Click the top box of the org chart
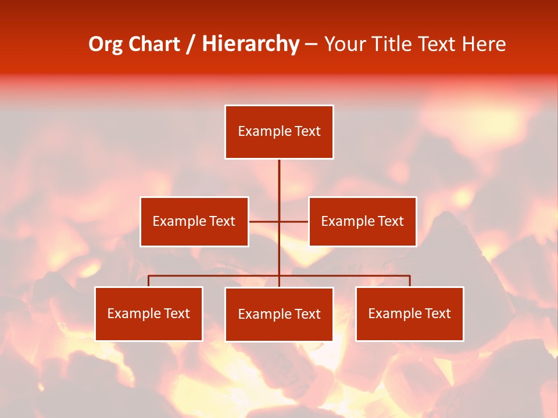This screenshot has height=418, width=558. (279, 132)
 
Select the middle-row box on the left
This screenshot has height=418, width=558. (194, 221)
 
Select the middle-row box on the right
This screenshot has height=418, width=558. (362, 221)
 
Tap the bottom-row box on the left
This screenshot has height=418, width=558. (149, 313)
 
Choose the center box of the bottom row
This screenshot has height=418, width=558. (279, 314)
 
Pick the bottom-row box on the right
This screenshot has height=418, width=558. (409, 313)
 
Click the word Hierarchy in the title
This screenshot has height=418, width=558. (251, 44)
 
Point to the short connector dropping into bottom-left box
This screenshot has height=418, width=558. (149, 281)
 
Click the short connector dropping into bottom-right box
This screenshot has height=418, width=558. (410, 281)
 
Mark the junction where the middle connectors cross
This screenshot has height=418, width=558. (279, 221)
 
